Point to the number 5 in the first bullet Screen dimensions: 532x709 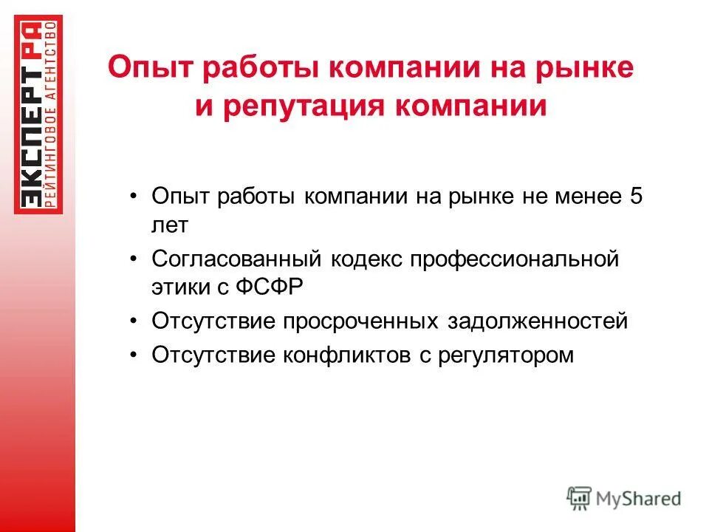636,197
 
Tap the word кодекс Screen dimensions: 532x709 366,259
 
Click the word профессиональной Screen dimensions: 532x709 513,259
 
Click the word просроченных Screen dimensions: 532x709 362,321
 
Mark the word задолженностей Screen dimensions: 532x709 538,321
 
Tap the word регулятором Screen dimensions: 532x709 505,355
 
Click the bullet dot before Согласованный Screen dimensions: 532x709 133,259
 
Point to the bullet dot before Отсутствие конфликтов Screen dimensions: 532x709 133,355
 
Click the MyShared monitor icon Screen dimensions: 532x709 579,497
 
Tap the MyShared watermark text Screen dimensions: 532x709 640,499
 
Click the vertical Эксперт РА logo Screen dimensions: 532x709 38,115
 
